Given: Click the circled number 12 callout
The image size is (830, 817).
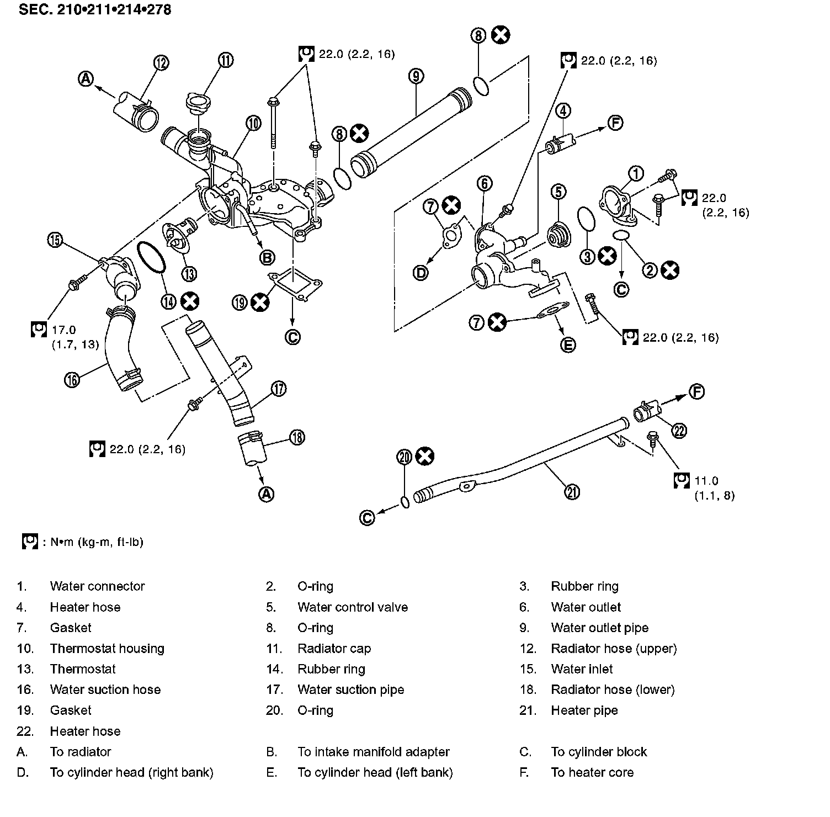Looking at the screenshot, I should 161,63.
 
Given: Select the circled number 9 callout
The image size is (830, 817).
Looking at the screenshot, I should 416,76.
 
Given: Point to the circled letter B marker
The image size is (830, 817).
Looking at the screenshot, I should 267,257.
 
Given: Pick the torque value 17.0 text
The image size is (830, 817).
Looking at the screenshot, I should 63,330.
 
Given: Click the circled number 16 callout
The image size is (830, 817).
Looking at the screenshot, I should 72,379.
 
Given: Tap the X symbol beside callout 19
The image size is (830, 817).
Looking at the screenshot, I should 260,302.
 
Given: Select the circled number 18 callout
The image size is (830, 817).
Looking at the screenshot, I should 297,438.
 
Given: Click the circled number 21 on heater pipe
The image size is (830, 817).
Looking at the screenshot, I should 573,491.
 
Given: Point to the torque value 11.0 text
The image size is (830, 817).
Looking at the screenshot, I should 706,481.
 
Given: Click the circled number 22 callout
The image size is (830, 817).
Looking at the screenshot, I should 679,430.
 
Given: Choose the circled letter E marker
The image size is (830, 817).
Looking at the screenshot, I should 568,345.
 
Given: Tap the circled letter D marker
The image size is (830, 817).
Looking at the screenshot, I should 421,272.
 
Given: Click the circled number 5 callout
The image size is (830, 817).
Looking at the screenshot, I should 558,192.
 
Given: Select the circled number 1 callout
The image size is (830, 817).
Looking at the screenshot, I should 636,173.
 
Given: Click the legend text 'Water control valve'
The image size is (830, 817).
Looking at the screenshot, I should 353,607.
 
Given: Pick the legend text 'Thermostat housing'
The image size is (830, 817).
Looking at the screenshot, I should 107,649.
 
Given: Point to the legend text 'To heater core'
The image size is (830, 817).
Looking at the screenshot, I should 592,772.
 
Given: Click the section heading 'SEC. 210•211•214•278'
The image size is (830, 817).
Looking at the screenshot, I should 95,10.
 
